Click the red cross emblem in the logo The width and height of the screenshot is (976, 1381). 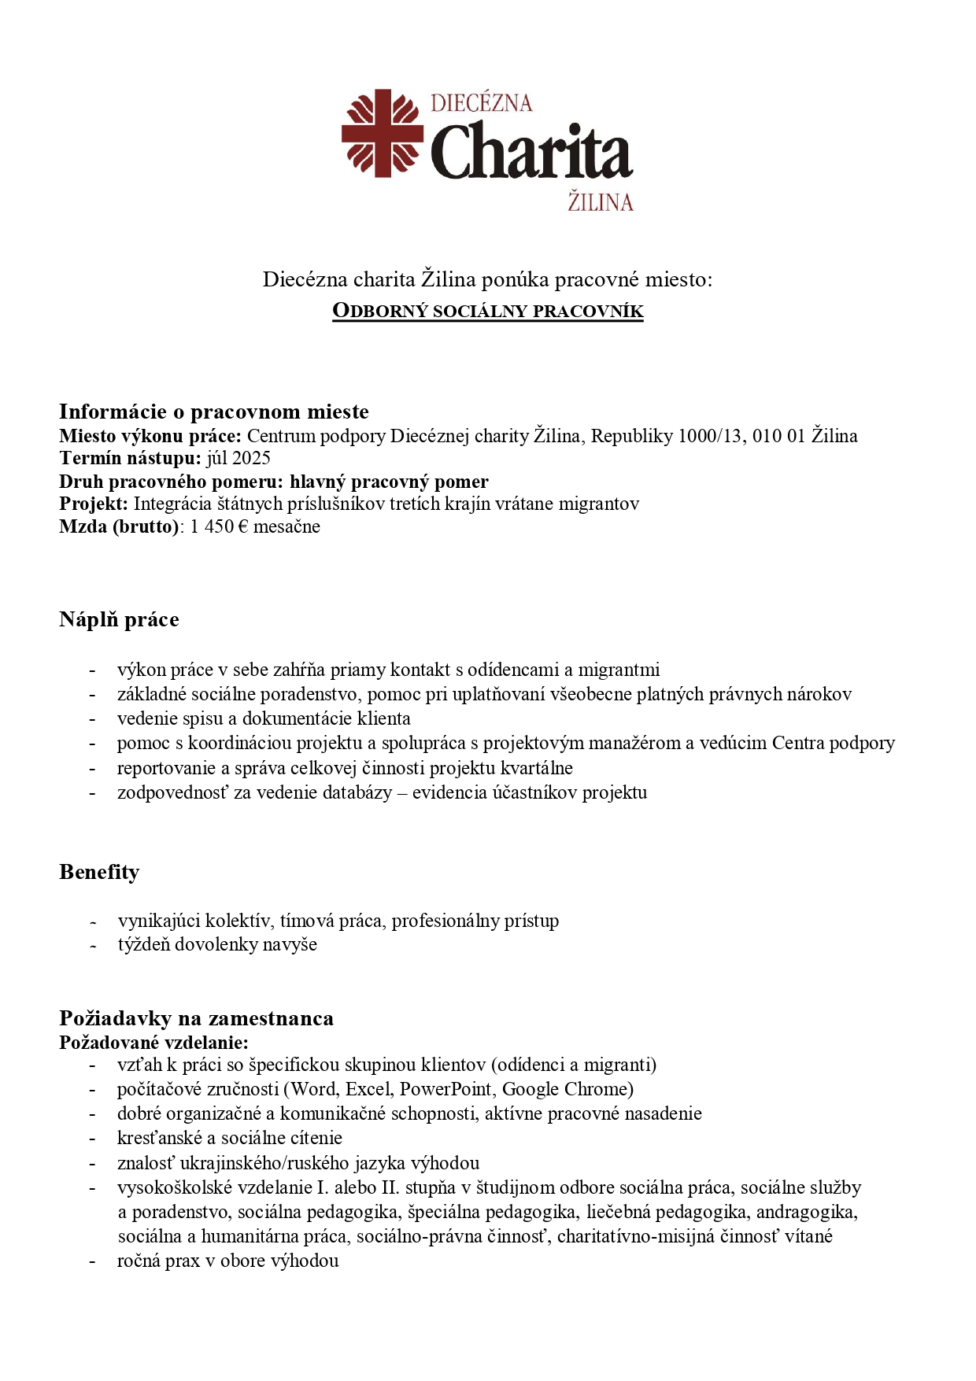382,132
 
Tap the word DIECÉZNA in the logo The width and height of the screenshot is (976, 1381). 481,103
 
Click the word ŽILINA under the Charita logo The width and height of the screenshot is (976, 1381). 601,202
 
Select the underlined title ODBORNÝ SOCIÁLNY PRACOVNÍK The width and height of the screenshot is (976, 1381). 488,311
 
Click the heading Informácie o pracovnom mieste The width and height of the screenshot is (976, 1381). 214,412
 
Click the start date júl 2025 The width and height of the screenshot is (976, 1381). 238,458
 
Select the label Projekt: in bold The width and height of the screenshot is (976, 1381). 93,504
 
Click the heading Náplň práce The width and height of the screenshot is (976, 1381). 119,620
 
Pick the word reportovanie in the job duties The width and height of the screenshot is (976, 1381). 168,768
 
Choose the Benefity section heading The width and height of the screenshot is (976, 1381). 99,872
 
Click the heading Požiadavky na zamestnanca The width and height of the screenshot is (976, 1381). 196,1018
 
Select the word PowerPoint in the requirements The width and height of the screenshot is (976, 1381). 445,1089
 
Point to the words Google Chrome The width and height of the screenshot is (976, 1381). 567,1089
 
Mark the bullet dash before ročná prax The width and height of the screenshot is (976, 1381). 93,1261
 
